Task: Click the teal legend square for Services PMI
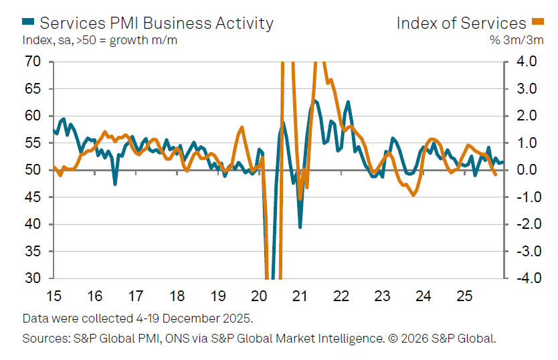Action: click(x=29, y=23)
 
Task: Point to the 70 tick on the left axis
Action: click(x=32, y=62)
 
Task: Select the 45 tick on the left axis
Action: click(x=32, y=197)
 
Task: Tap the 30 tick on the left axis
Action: click(x=32, y=278)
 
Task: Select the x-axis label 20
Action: click(x=259, y=296)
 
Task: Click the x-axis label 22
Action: click(x=341, y=296)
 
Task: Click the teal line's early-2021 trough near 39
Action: click(x=300, y=227)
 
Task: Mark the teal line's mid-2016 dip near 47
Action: click(x=115, y=184)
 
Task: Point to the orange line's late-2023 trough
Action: click(x=414, y=195)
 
